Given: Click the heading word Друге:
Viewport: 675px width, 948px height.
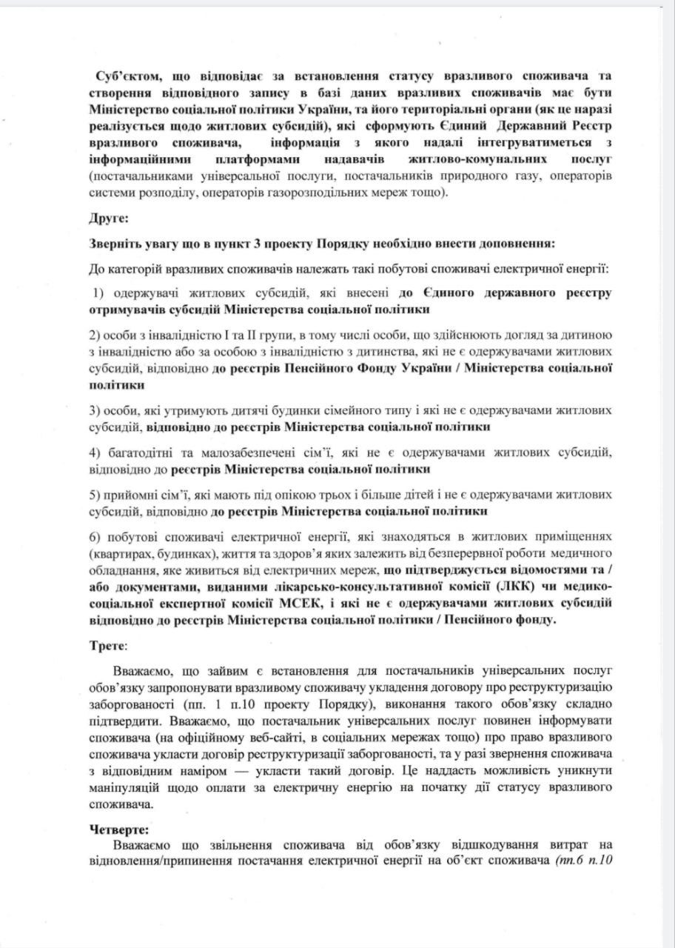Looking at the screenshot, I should tap(109, 220).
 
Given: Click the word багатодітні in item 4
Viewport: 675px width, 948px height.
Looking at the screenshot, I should tap(142, 452).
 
